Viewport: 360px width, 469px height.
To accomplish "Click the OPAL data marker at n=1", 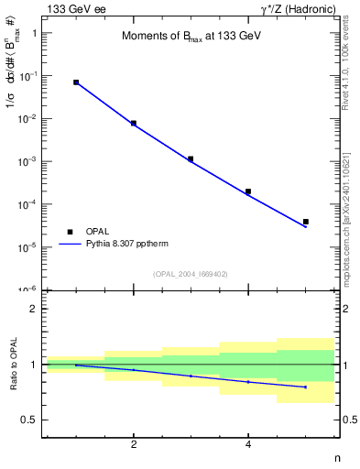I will point(76,82).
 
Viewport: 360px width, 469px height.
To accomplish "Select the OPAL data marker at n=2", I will point(134,123).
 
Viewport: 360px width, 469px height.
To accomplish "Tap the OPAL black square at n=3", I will point(191,158).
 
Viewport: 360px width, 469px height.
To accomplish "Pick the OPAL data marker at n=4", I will point(248,191).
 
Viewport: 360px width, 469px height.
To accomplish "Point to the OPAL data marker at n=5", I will point(305,222).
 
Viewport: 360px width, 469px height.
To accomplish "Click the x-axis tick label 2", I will point(134,445).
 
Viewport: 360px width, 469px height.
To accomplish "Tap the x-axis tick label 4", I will point(248,445).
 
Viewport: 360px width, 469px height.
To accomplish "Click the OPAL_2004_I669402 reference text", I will point(190,274).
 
